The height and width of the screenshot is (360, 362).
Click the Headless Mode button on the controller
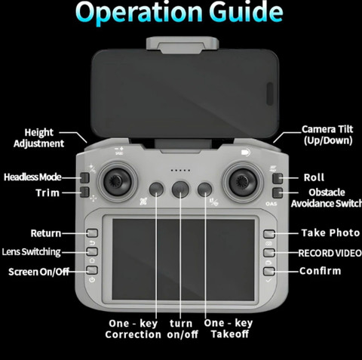coord(84,177)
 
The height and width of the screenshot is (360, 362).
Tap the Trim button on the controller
coord(84,192)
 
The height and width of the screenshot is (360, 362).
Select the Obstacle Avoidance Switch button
coord(278,192)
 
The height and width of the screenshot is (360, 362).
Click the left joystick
coord(117,182)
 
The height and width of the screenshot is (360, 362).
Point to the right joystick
coord(243,182)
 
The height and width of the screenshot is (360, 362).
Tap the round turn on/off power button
coord(180,189)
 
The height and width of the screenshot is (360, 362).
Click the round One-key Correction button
coord(156,189)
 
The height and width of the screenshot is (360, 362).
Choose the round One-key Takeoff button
coord(204,189)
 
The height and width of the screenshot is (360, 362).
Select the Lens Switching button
coord(92,251)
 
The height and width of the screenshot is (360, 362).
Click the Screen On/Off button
coord(92,270)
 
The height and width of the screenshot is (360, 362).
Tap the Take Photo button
coord(269,234)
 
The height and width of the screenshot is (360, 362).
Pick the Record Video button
coord(269,253)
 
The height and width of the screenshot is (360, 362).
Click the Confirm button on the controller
coord(269,271)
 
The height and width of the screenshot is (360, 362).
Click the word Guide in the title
coord(246,12)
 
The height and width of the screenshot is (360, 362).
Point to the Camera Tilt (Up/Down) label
coord(327,135)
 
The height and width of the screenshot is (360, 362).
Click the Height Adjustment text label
coord(39,138)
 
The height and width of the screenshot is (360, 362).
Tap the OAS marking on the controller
coord(271,204)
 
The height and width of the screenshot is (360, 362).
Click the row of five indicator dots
coord(180,171)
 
